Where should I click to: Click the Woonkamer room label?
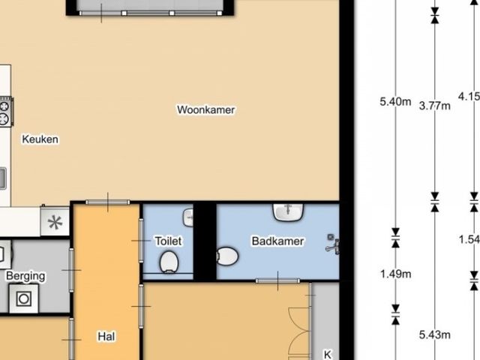[206, 109]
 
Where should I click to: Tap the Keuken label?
[40, 139]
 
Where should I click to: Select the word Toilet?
[168, 241]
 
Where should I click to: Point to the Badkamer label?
[277, 241]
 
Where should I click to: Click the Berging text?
[25, 276]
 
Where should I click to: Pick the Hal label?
[106, 337]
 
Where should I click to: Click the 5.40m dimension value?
[395, 101]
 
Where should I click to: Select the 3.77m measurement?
[435, 106]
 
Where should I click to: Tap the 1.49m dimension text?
[395, 274]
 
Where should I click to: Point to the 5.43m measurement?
[435, 335]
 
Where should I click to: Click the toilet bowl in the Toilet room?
[169, 262]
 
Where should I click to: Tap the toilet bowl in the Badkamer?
[227, 256]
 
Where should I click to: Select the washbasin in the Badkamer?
[288, 211]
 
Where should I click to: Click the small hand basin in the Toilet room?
[188, 217]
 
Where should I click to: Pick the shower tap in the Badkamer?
[333, 244]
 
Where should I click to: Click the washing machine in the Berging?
[24, 298]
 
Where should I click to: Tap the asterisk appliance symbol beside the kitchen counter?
[55, 222]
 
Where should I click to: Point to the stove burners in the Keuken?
[5, 112]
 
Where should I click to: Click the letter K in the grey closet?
[327, 355]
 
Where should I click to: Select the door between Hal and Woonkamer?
[108, 202]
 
